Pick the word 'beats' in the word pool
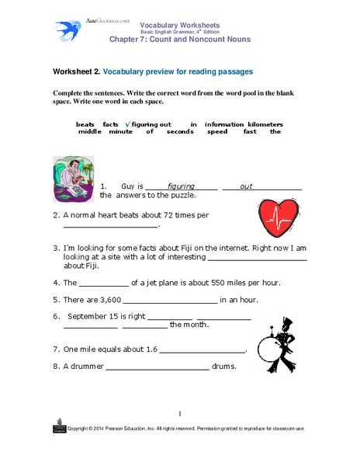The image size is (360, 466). click(x=85, y=124)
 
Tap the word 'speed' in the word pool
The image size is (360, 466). click(x=217, y=132)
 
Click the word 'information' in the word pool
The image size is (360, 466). click(x=223, y=124)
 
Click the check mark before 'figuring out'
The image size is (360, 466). click(x=127, y=124)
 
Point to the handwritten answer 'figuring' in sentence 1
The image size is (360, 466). click(x=181, y=187)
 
